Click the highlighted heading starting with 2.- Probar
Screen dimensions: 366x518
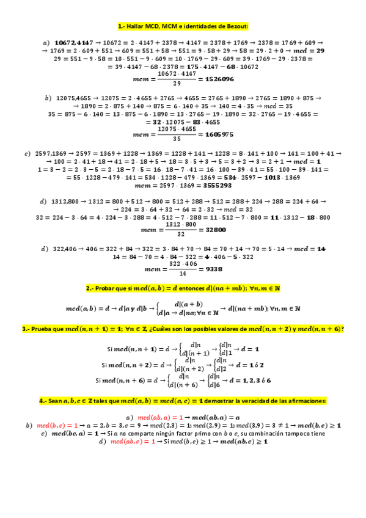click(183, 288)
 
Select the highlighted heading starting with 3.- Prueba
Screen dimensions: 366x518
click(183, 329)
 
